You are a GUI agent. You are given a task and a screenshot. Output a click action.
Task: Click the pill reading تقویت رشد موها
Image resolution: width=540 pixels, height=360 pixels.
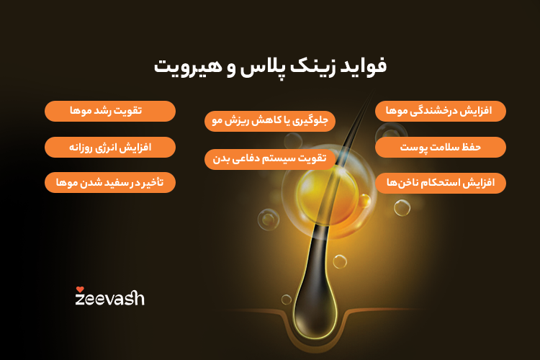tap(110, 111)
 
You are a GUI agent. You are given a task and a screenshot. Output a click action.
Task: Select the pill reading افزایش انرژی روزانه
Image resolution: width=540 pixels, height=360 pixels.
tap(110, 147)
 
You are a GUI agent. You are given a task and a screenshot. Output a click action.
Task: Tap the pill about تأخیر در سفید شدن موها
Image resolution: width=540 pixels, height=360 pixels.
tap(110, 182)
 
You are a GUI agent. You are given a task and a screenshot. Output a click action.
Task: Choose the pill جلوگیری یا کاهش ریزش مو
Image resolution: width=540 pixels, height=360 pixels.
tap(270, 121)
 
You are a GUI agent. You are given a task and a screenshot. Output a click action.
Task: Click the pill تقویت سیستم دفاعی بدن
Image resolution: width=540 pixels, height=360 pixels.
tap(270, 158)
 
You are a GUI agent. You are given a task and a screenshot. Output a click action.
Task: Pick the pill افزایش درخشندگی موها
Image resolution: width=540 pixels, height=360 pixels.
tap(440, 111)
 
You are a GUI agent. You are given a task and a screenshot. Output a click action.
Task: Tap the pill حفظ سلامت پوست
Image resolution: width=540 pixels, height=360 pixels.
tap(440, 147)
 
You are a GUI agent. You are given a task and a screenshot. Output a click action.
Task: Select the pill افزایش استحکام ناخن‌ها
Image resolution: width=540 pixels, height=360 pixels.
tap(440, 183)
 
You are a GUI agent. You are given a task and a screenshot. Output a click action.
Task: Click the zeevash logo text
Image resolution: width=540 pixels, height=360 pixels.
tap(109, 297)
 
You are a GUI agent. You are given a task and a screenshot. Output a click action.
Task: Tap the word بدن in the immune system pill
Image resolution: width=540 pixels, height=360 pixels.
tap(223, 158)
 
